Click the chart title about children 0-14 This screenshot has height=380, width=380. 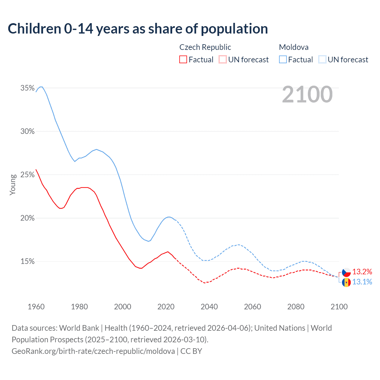click(x=138, y=29)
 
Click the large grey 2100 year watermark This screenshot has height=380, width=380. click(x=307, y=94)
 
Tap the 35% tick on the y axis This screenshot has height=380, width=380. click(x=27, y=88)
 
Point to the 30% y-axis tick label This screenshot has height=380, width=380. click(x=27, y=131)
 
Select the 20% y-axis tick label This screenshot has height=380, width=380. click(x=27, y=218)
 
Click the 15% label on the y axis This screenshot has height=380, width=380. click(x=27, y=261)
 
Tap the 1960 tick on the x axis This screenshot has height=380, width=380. click(x=36, y=307)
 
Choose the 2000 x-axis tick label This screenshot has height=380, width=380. click(x=123, y=307)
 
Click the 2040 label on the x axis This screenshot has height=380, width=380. click(x=209, y=307)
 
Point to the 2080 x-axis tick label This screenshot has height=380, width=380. click(x=296, y=307)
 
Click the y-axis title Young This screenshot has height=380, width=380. click(x=13, y=185)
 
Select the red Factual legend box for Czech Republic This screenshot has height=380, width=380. click(x=183, y=60)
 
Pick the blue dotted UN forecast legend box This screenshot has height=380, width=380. click(x=322, y=60)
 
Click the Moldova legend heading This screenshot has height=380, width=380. click(x=294, y=47)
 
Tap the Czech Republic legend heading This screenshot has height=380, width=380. click(x=205, y=47)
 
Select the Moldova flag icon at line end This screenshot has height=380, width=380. click(x=346, y=282)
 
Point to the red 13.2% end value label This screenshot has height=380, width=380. click(x=362, y=272)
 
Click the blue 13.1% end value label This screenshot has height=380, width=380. click(x=362, y=282)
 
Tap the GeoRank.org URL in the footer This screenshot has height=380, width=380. click(x=93, y=351)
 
